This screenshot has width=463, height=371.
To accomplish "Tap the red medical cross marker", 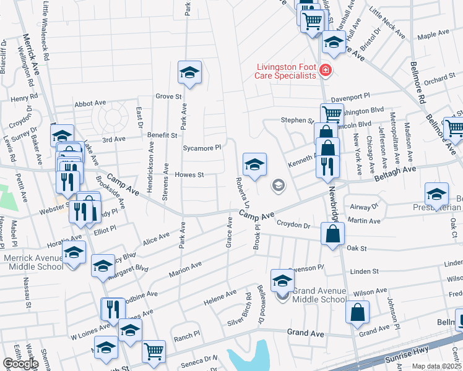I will tap(326, 72).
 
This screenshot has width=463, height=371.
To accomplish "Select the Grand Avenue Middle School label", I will tap(319, 295).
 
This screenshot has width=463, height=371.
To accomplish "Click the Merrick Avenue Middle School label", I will tap(33, 262).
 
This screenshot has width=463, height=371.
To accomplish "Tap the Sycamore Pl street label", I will tap(202, 148).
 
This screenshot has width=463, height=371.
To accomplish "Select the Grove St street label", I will tap(168, 96).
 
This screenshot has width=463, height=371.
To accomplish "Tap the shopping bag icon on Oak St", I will tap(333, 234).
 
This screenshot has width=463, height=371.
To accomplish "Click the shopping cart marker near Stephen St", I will tap(332, 114).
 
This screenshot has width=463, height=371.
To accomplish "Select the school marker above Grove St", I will tap(190, 72).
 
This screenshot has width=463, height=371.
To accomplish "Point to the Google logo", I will tap(21, 364).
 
